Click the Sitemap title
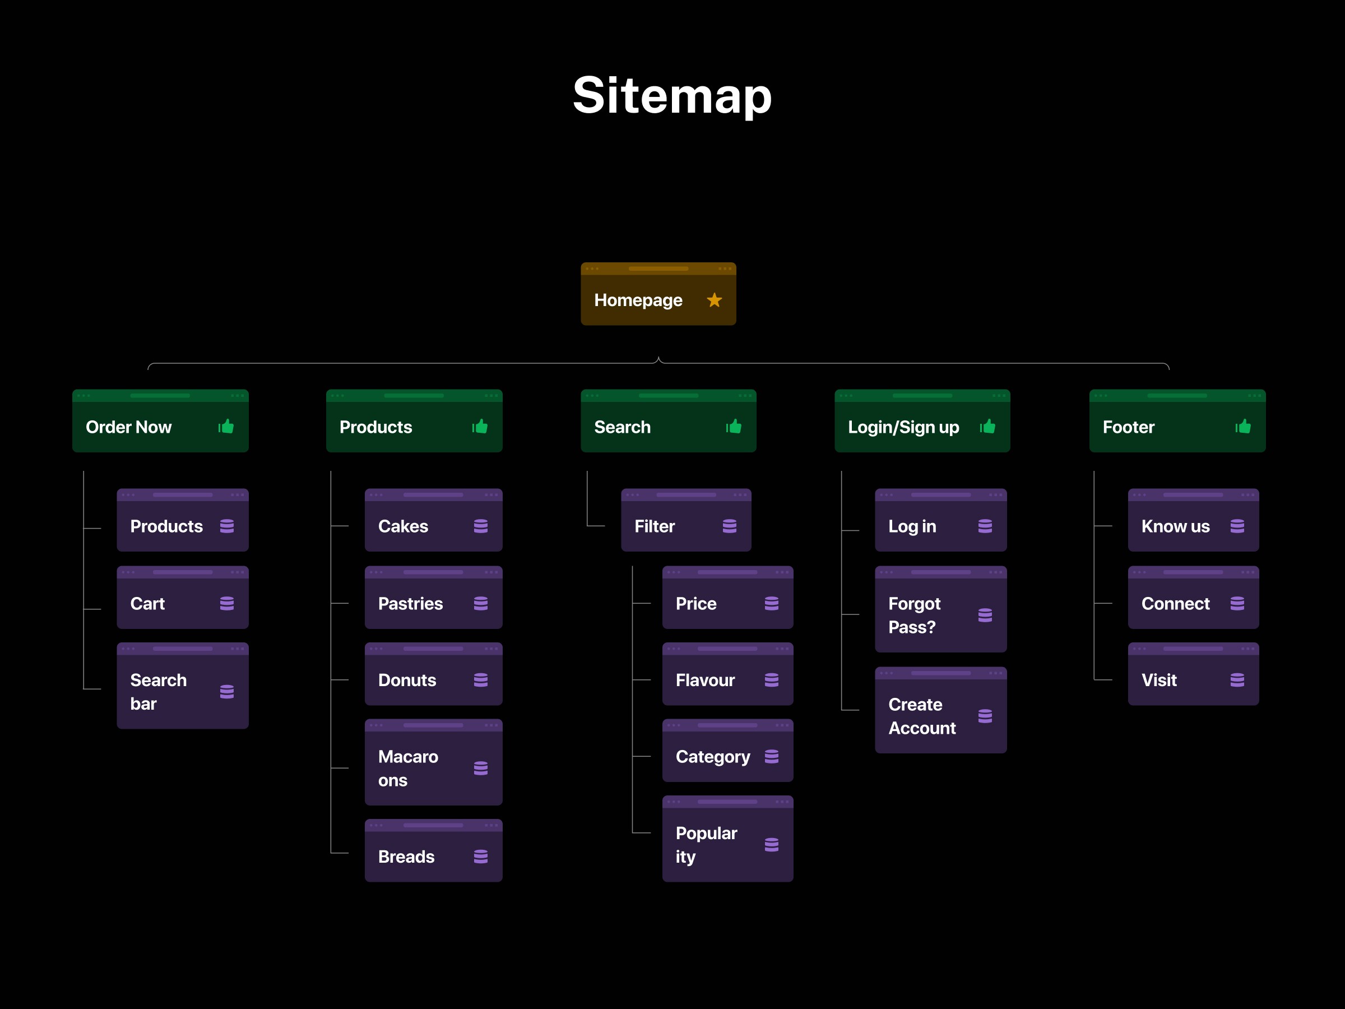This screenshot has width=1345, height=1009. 672,96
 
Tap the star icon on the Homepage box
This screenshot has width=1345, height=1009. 715,300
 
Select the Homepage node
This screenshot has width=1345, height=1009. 658,294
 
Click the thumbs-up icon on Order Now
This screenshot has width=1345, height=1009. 226,427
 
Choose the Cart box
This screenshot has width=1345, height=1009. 182,597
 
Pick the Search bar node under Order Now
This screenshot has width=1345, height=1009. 182,686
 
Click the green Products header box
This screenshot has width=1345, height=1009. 414,421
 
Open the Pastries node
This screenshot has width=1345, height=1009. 434,597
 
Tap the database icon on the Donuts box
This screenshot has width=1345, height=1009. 481,680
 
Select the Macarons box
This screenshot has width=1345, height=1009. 434,762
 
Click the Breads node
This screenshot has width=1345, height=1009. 434,850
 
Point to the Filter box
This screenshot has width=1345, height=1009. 686,520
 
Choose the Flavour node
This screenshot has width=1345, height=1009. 728,674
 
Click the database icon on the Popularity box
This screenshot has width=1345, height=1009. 772,845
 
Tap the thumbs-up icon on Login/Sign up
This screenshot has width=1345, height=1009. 987,427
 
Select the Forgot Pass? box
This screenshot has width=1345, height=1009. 940,609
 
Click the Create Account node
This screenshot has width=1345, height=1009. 940,710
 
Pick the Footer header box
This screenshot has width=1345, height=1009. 1177,421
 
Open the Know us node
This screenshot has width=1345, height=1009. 1193,520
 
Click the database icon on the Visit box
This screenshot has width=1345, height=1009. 1237,680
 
